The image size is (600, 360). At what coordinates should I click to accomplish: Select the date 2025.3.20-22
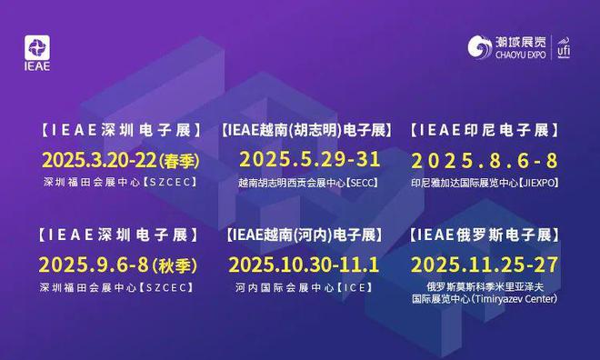click(x=98, y=161)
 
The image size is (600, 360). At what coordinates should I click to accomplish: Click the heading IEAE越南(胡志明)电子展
click(x=306, y=130)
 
